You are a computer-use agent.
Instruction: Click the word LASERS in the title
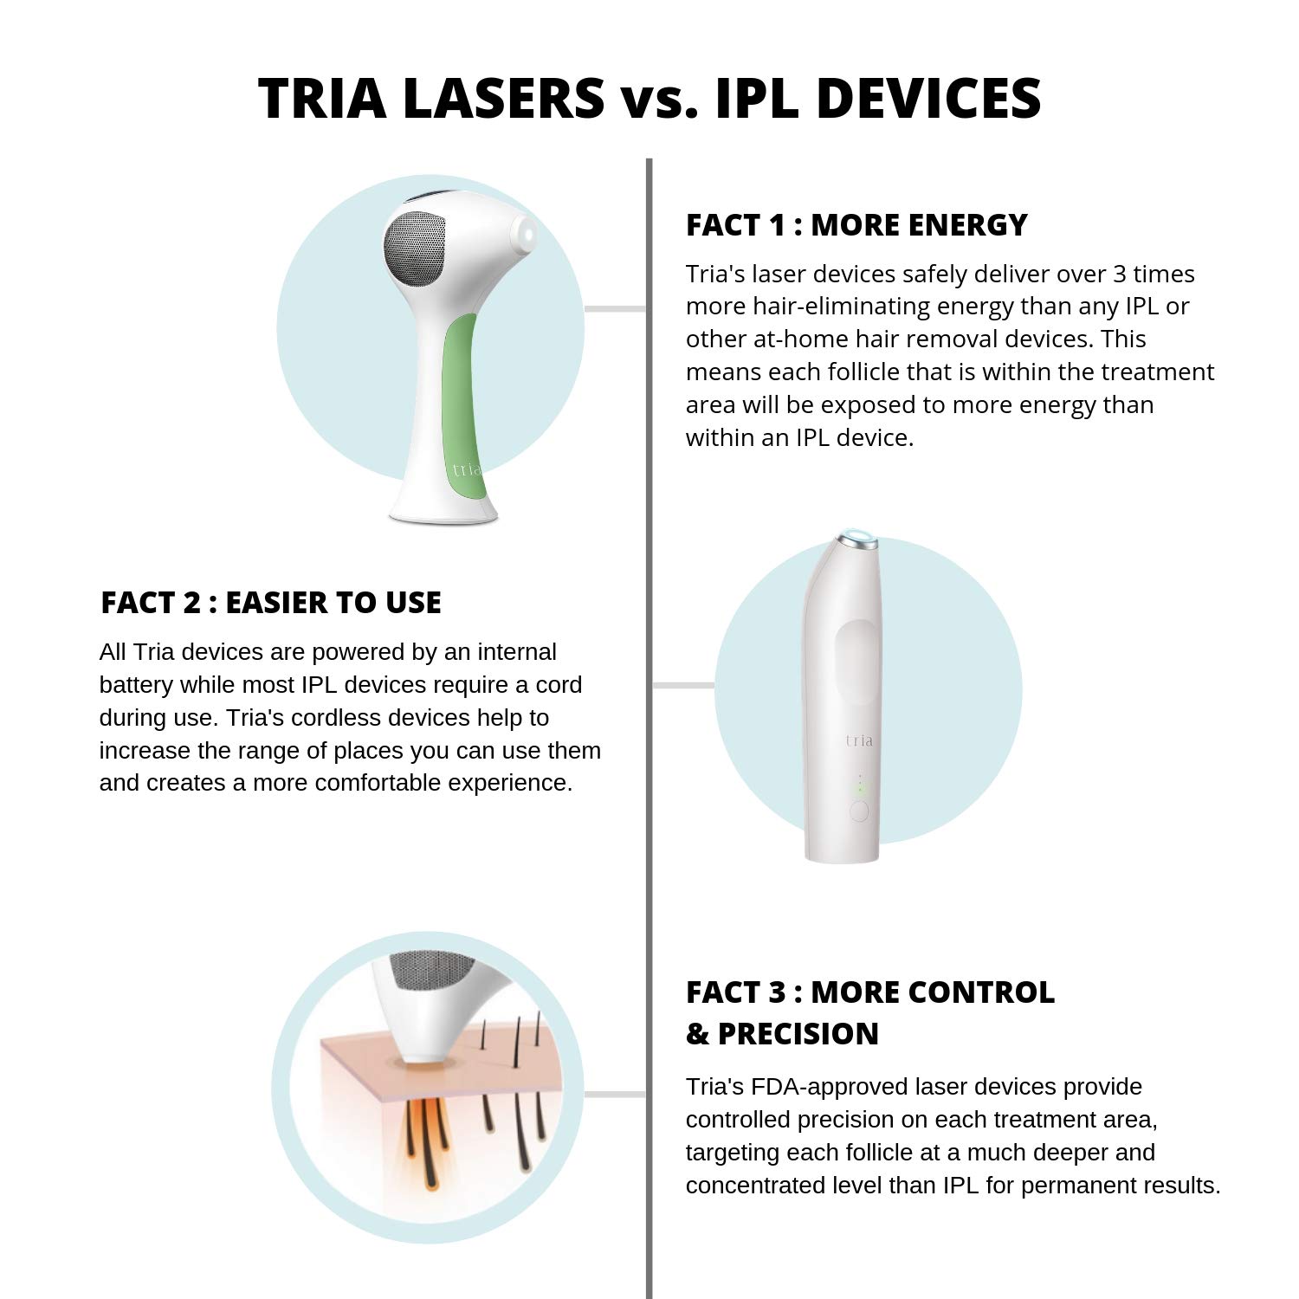[503, 97]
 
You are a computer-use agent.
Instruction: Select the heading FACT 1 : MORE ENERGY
[856, 225]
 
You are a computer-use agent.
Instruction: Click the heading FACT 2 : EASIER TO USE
[270, 603]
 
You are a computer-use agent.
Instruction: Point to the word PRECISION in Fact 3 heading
[798, 1034]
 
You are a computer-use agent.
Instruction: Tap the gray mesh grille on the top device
[415, 248]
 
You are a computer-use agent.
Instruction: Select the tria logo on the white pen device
[859, 740]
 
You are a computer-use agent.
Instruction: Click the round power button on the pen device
[859, 811]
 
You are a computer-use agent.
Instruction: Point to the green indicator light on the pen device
[860, 789]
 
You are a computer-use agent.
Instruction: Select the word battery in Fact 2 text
[136, 685]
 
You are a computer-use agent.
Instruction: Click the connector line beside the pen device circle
[682, 685]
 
